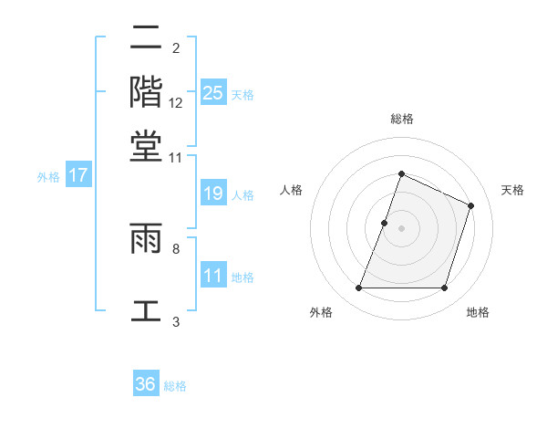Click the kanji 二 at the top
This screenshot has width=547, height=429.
(x=146, y=38)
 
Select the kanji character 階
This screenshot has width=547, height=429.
(x=146, y=91)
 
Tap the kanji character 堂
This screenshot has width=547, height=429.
(x=146, y=145)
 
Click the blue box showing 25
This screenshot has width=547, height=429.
(x=212, y=92)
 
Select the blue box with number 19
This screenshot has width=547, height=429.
(x=212, y=194)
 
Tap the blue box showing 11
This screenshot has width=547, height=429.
(x=212, y=276)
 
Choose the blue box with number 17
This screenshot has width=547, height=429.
(x=77, y=175)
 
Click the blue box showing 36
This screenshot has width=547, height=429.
(x=146, y=384)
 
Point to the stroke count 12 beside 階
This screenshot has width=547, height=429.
(x=176, y=102)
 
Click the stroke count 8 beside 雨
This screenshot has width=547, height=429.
(x=176, y=247)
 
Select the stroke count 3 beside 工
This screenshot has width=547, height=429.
(x=176, y=321)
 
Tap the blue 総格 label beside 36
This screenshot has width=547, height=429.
(x=175, y=386)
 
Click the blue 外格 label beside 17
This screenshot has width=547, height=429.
(x=48, y=177)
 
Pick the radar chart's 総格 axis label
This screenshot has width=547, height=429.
(x=401, y=119)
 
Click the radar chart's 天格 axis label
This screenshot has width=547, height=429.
(x=512, y=190)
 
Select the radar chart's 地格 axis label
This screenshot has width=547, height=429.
(x=478, y=312)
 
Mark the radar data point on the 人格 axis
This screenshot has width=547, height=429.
(x=384, y=222)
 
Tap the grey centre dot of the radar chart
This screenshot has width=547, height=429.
(x=401, y=227)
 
